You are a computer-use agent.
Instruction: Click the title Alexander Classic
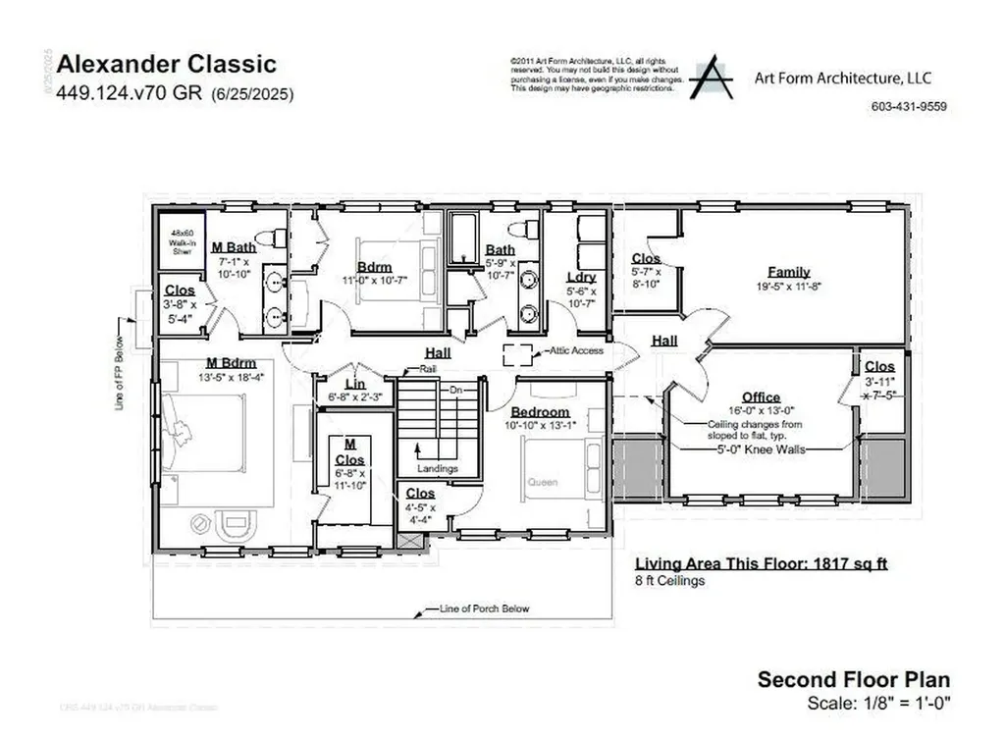coord(166,65)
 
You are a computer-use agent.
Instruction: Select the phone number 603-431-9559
coord(909,107)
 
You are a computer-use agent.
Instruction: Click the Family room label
coord(788,272)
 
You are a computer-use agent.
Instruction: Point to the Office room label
coord(761,397)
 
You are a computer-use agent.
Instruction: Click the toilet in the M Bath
coord(272,238)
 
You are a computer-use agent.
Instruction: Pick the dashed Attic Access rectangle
coord(516,353)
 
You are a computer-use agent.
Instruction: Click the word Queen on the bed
coord(542,482)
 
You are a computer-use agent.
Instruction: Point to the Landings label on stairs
coord(437,468)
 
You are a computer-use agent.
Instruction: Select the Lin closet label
coord(354,383)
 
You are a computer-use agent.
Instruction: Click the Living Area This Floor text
coord(761,563)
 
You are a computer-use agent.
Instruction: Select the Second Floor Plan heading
coord(853,679)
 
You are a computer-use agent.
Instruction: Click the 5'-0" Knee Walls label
coord(761,449)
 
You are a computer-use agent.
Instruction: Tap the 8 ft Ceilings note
coord(669,580)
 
